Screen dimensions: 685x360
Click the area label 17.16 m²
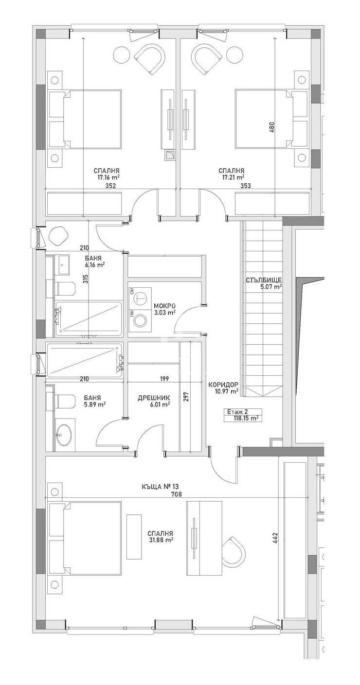pyautogui.click(x=108, y=177)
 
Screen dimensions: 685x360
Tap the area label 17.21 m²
pyautogui.click(x=232, y=177)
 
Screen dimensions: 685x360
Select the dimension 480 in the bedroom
pyautogui.click(x=272, y=127)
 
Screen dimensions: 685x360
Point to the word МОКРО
pyautogui.click(x=164, y=306)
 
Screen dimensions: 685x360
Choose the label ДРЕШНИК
pyautogui.click(x=154, y=397)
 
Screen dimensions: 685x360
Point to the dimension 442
pyautogui.click(x=275, y=538)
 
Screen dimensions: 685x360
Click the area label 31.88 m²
pyautogui.click(x=162, y=540)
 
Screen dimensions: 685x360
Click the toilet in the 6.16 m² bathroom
pyautogui.click(x=65, y=289)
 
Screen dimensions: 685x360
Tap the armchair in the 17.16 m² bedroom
pyautogui.click(x=149, y=58)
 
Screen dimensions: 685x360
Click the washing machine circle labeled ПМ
pyautogui.click(x=141, y=320)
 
